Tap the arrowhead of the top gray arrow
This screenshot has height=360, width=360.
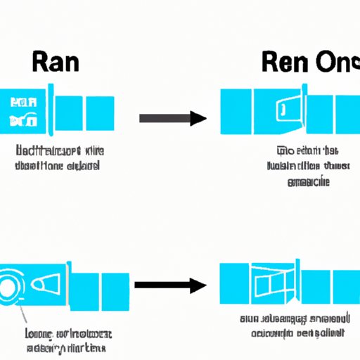[200, 117]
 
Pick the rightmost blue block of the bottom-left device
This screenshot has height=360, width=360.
[117, 284]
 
